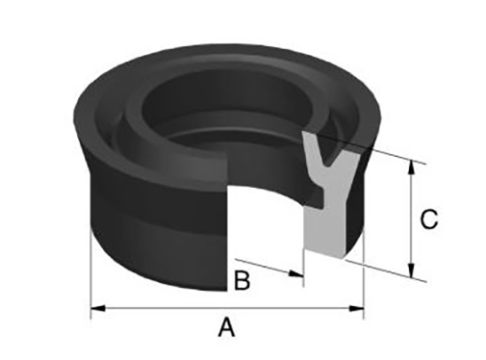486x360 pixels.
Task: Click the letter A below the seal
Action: [227, 327]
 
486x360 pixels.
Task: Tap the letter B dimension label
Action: [243, 280]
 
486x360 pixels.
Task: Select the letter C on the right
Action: [429, 219]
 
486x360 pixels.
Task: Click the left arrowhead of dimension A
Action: [98, 308]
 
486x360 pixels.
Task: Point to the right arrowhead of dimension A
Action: [356, 308]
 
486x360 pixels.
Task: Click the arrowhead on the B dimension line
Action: [295, 273]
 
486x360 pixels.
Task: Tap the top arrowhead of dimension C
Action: [412, 167]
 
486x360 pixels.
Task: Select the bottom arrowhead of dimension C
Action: [412, 270]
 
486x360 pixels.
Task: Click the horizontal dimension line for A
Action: [227, 308]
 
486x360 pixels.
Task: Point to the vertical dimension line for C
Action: [412, 219]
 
